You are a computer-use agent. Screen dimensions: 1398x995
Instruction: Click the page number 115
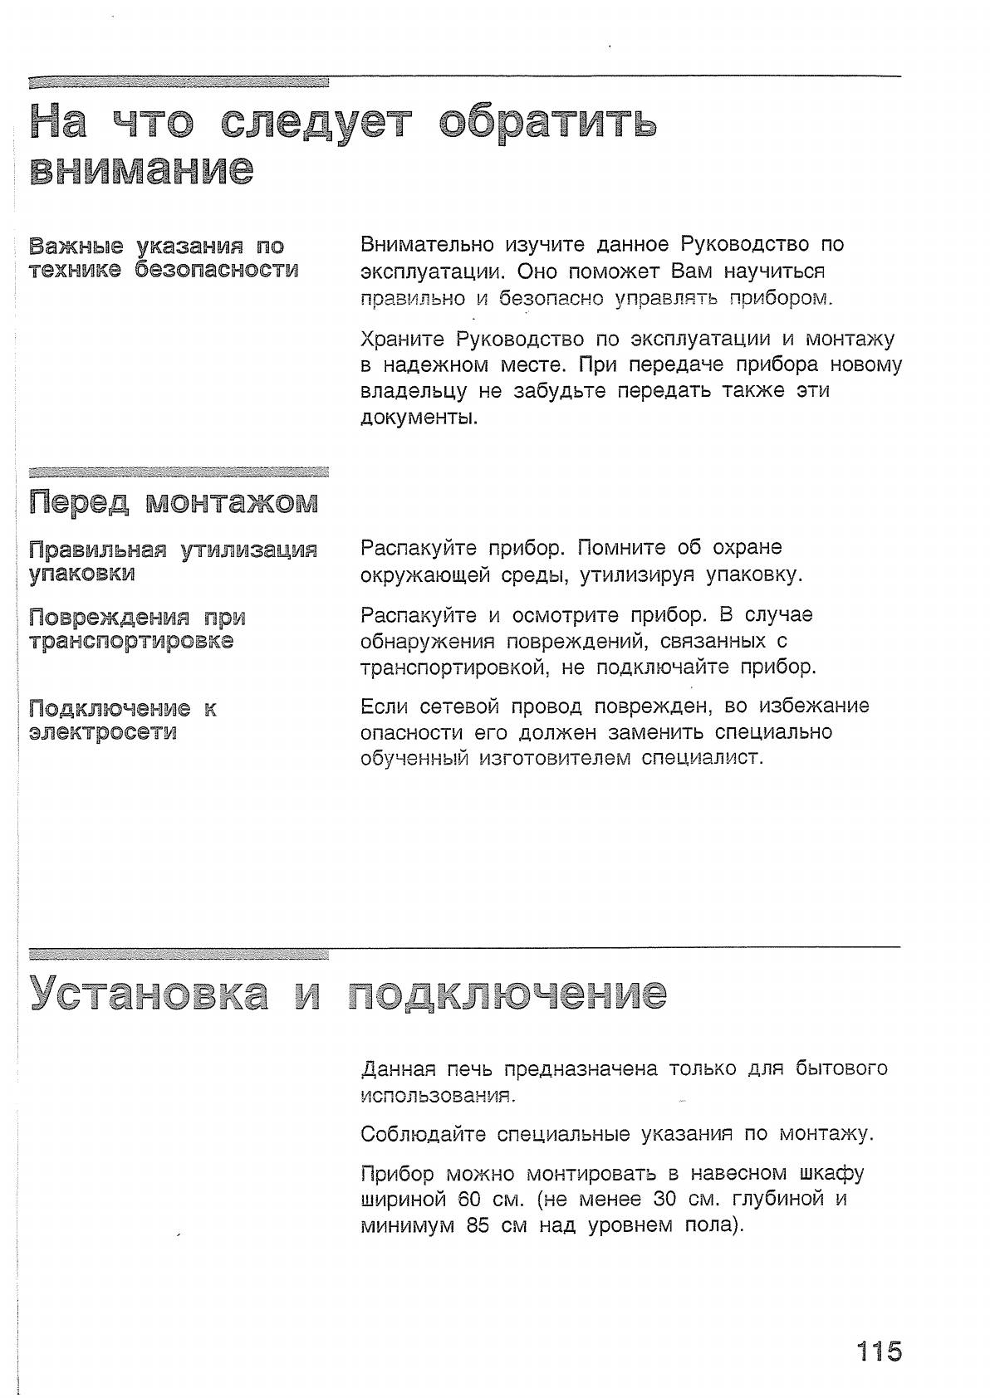pyautogui.click(x=880, y=1350)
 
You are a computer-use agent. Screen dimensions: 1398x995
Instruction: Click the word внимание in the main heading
pyautogui.click(x=141, y=169)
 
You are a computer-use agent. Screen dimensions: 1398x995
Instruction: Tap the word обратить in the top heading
pyautogui.click(x=547, y=122)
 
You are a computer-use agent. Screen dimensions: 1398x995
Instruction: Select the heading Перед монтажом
pyautogui.click(x=174, y=501)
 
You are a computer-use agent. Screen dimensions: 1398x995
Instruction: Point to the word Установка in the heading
pyautogui.click(x=149, y=993)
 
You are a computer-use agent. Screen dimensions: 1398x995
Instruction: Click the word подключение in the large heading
pyautogui.click(x=507, y=993)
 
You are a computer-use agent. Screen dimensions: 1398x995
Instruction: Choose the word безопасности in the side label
pyautogui.click(x=217, y=269)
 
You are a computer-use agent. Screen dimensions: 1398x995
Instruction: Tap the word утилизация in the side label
pyautogui.click(x=249, y=550)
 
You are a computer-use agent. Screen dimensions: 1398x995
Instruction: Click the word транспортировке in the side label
pyautogui.click(x=131, y=641)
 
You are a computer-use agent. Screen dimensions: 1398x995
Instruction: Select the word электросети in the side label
pyautogui.click(x=103, y=732)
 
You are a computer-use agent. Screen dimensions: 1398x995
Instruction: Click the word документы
pyautogui.click(x=419, y=417)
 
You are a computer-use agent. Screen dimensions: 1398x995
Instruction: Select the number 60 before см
pyautogui.click(x=469, y=1199)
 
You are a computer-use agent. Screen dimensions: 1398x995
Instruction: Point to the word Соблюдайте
pyautogui.click(x=423, y=1134)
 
